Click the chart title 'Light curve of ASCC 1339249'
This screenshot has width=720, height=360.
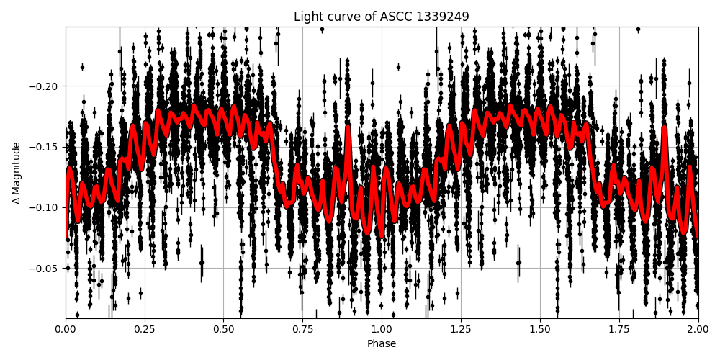(382, 17)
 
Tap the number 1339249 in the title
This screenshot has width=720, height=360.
(442, 17)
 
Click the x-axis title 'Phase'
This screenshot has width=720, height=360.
(382, 344)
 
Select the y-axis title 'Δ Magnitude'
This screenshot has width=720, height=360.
(17, 173)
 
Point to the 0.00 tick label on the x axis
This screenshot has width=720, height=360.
(66, 330)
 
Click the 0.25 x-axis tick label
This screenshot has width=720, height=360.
(145, 330)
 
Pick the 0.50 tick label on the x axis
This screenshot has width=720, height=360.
(224, 330)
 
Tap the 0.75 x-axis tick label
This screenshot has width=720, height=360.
(302, 330)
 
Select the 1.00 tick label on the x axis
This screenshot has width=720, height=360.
(382, 330)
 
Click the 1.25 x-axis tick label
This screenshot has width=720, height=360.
(461, 330)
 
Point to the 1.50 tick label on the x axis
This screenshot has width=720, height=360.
(540, 330)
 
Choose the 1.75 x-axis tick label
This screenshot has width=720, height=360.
(619, 330)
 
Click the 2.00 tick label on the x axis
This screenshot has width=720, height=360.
(698, 330)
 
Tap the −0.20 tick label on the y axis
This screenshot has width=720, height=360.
(46, 86)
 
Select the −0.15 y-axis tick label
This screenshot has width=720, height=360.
(46, 147)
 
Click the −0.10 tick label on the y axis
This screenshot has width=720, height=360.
(46, 207)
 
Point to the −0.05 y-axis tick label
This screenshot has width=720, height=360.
(46, 269)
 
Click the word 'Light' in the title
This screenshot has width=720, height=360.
(307, 17)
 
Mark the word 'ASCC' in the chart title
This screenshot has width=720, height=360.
(395, 17)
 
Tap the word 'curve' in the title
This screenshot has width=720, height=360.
(343, 17)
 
